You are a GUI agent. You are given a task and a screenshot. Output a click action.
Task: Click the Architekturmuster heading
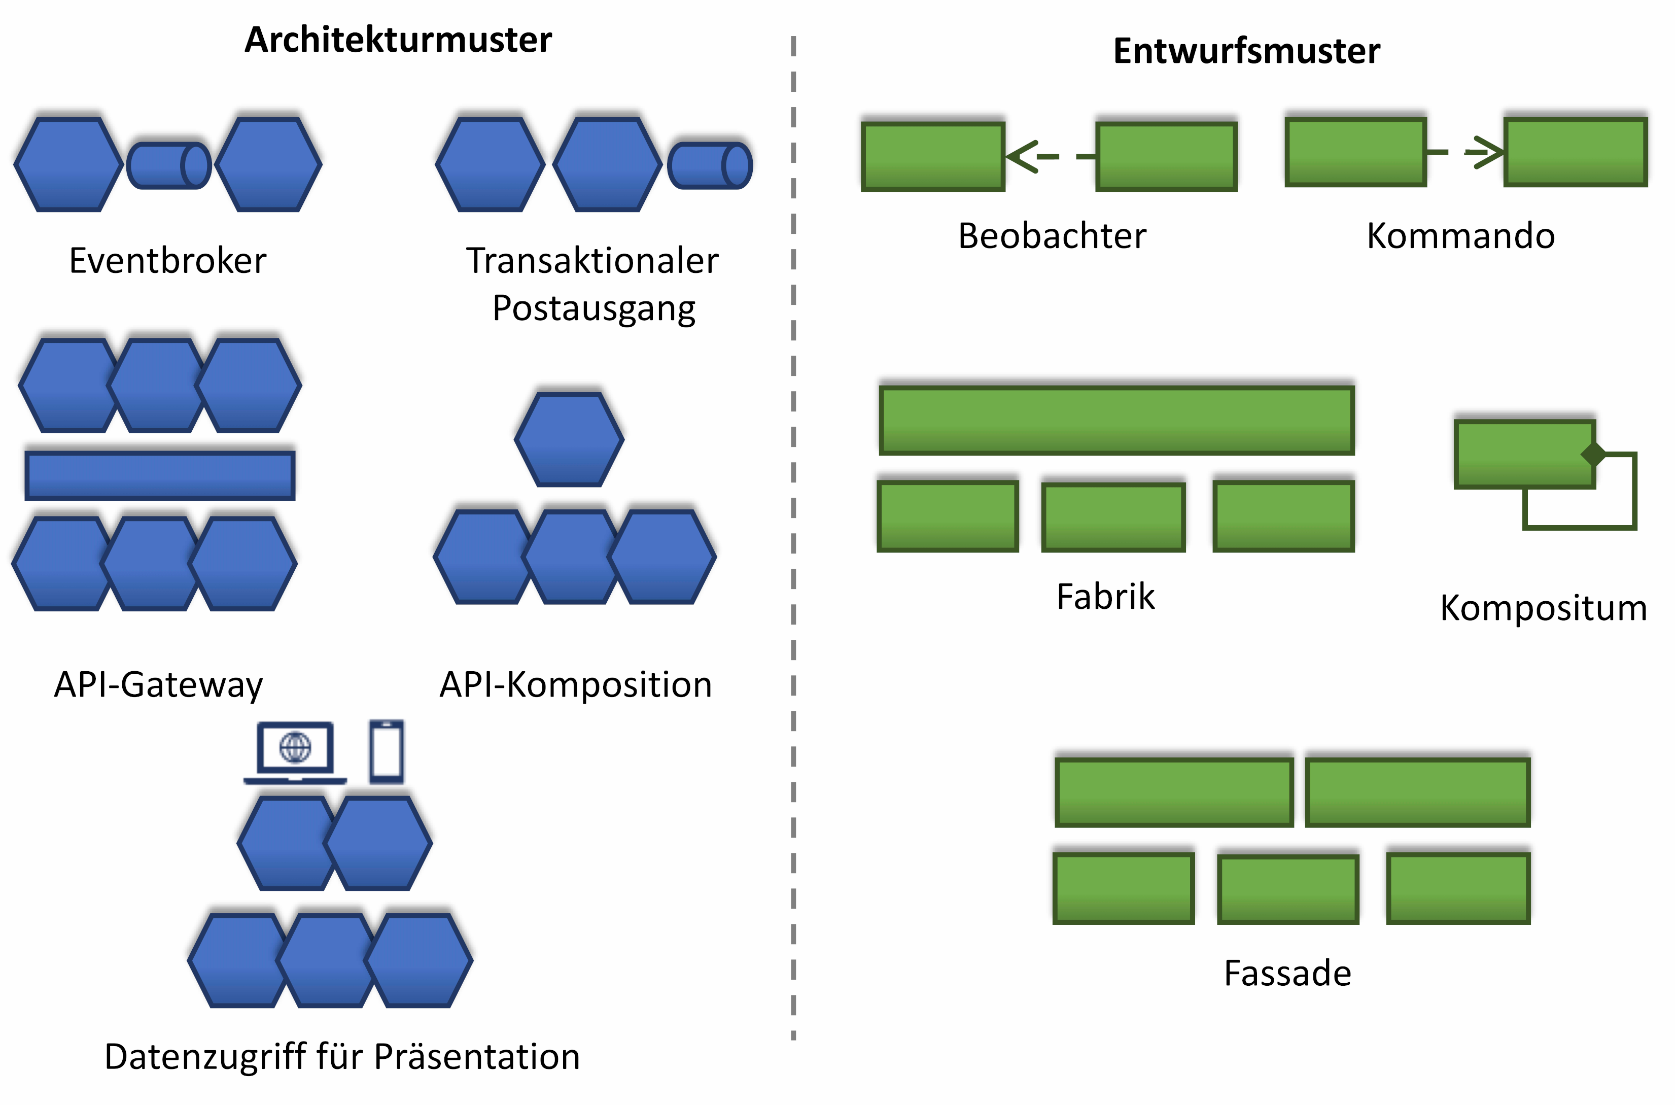click(398, 40)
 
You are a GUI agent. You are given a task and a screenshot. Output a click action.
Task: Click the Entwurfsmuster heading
click(1246, 51)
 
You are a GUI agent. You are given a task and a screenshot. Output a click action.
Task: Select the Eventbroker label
click(168, 261)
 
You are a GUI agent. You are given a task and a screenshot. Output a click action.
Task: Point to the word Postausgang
click(594, 308)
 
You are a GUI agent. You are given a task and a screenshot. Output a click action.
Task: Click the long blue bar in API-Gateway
click(160, 476)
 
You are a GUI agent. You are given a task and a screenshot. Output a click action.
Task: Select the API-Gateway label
click(159, 684)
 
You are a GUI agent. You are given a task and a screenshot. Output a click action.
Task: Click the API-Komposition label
click(576, 684)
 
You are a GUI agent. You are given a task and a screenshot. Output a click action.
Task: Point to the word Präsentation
click(476, 1056)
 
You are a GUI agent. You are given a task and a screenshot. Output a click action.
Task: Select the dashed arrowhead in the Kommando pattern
click(1485, 152)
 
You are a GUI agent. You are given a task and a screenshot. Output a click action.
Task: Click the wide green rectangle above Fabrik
click(1117, 420)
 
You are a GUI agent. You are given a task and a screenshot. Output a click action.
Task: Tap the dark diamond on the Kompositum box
click(1593, 455)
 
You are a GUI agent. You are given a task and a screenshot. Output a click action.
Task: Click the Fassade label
click(1287, 973)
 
